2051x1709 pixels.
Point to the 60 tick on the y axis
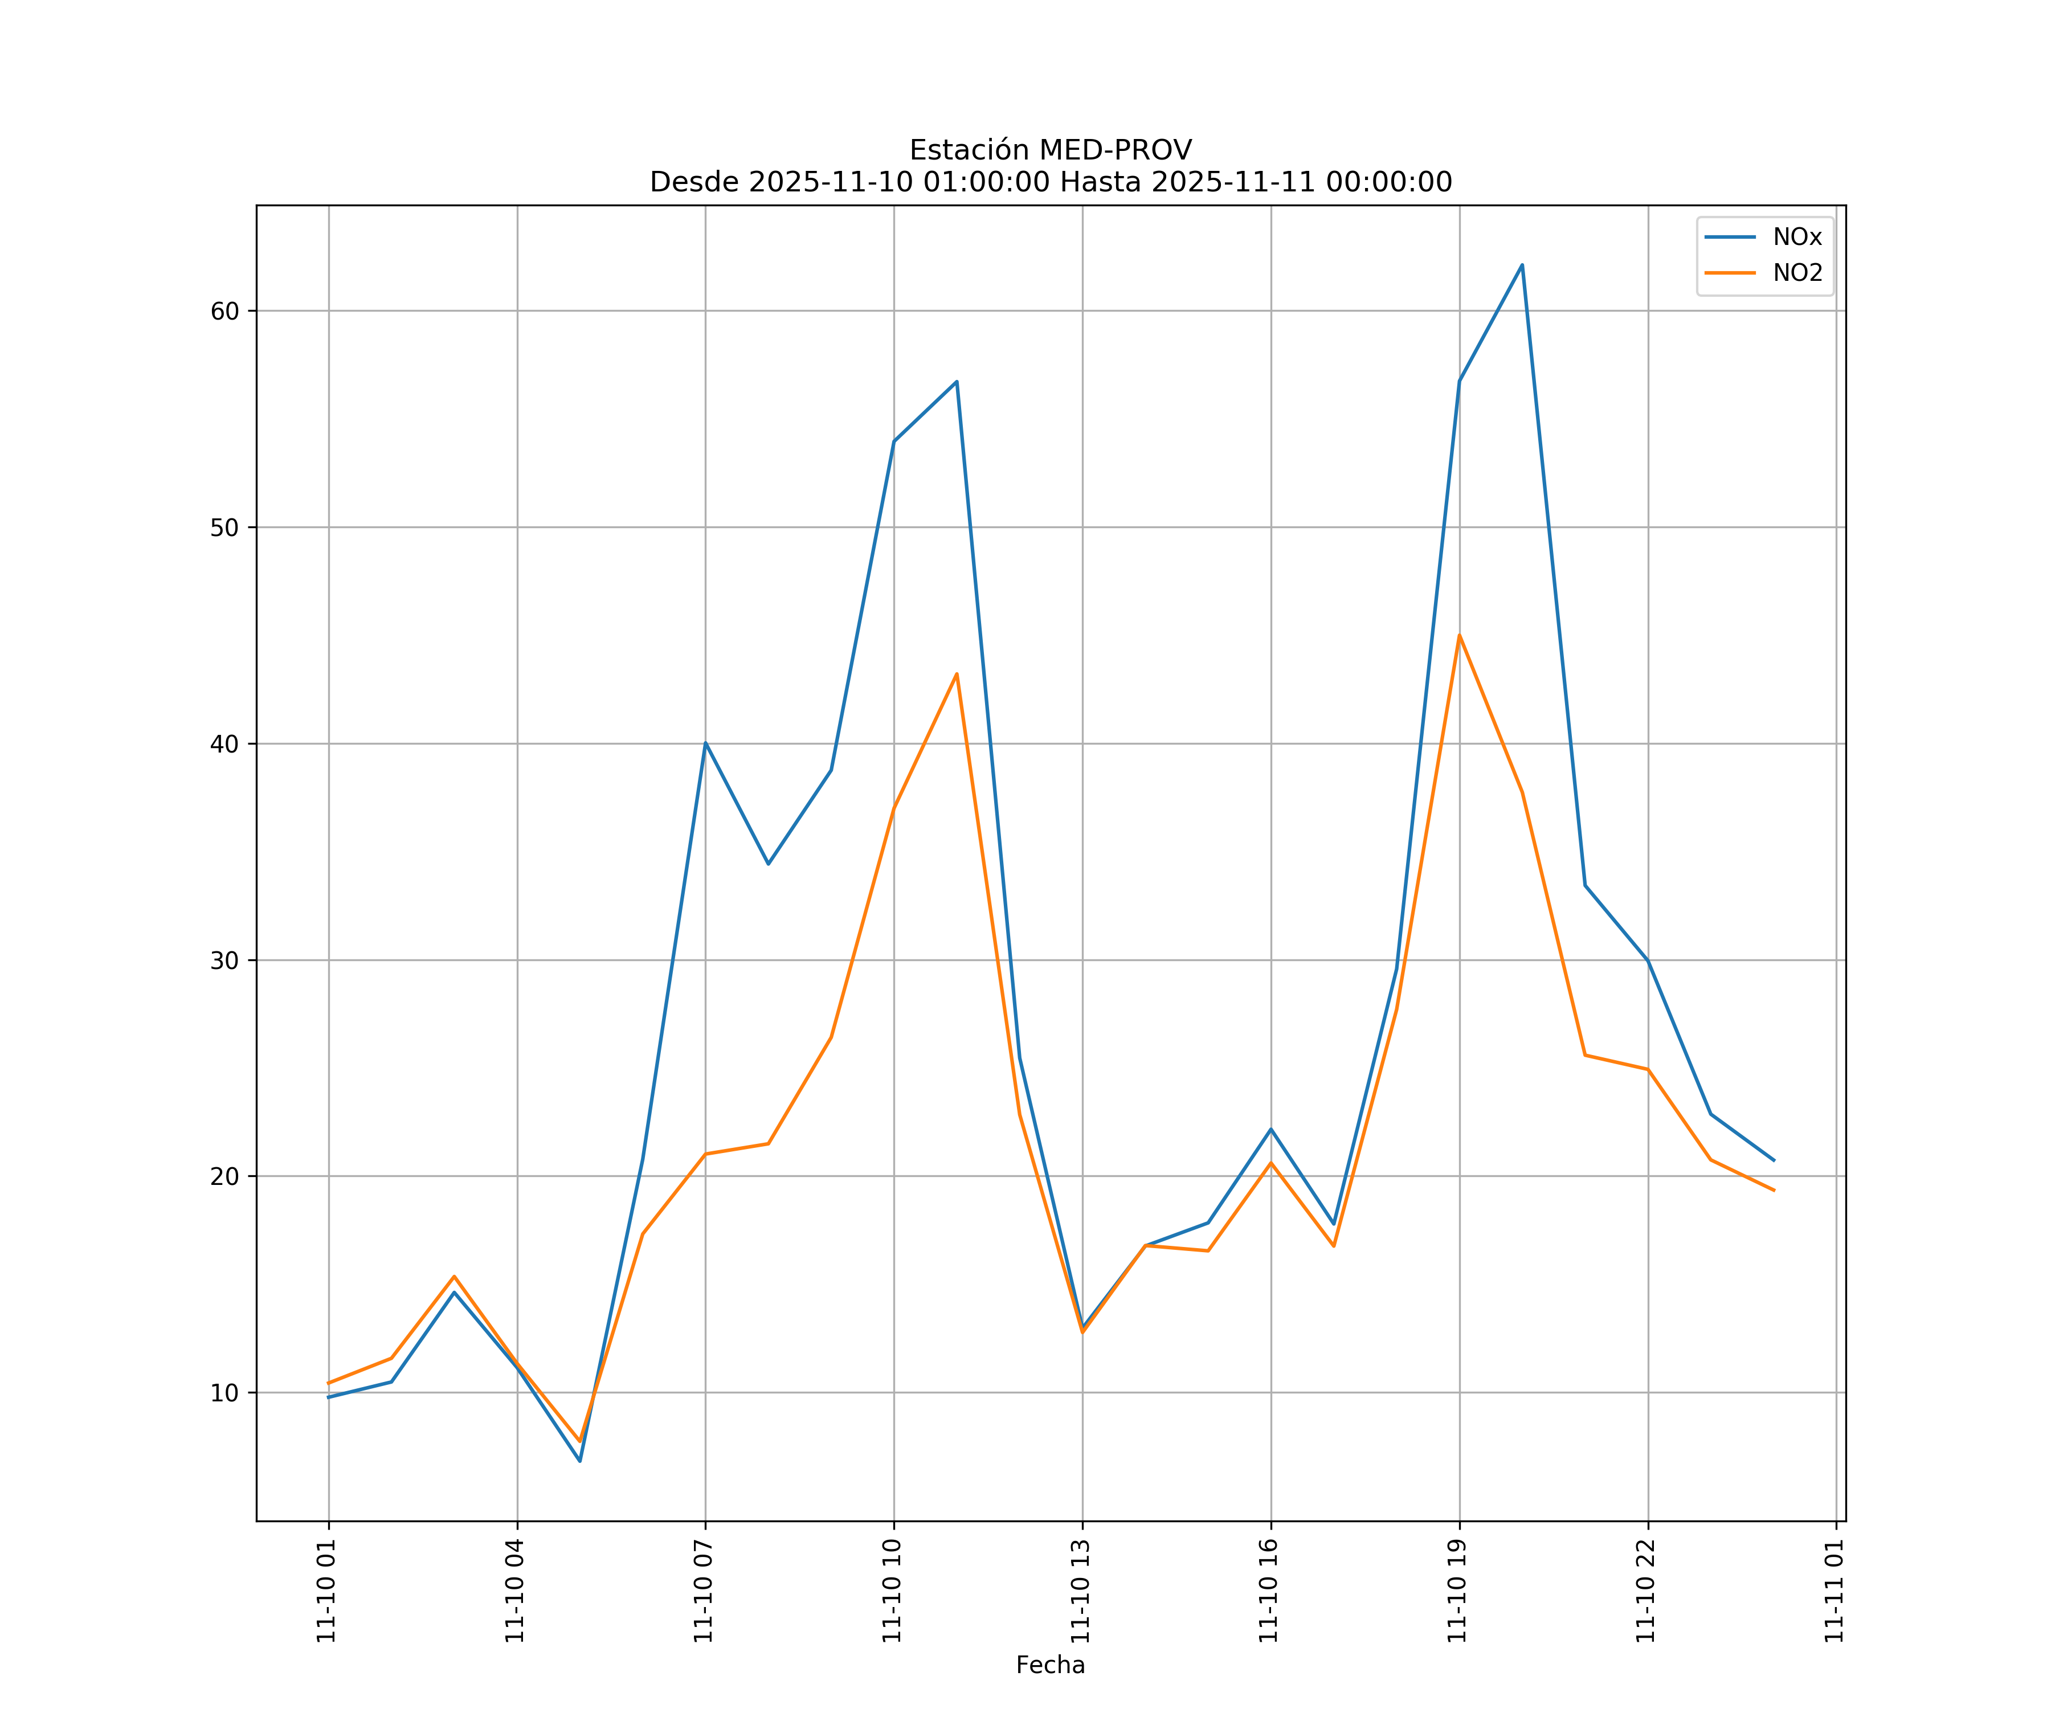coord(224,312)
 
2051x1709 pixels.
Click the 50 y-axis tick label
coord(224,528)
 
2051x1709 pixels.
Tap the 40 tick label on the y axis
coord(224,744)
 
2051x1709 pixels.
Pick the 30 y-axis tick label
coord(224,960)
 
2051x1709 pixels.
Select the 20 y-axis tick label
coord(224,1177)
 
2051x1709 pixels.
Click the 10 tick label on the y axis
coord(224,1393)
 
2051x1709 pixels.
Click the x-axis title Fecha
coord(1050,1665)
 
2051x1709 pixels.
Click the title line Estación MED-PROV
coord(1050,150)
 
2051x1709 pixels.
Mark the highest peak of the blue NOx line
coord(1522,265)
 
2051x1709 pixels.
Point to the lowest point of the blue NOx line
coord(579,1461)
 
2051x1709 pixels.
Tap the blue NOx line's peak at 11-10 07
coord(705,743)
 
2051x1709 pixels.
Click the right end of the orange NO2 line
coord(1774,1191)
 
